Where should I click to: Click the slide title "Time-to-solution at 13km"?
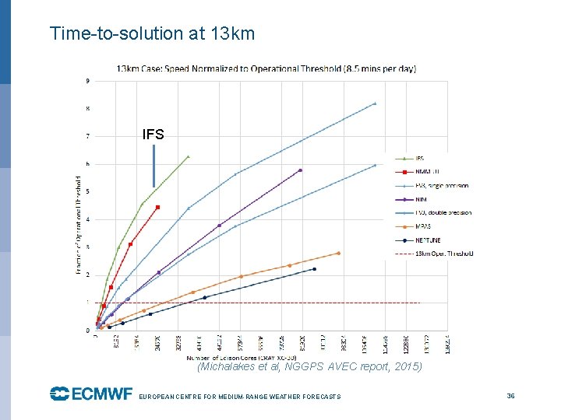pos(152,33)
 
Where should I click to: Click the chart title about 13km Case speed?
pos(266,68)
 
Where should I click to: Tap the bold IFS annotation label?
pos(153,135)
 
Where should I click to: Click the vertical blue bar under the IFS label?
pos(154,166)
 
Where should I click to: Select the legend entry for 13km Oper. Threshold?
pos(440,254)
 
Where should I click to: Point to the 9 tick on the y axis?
pos(87,81)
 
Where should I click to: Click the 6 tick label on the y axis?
pos(87,164)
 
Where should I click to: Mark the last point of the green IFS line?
pos(188,156)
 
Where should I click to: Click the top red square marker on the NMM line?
pos(157,207)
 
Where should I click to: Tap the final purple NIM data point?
pos(300,170)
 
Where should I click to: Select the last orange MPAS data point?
pos(338,253)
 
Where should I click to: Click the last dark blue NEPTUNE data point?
pos(314,269)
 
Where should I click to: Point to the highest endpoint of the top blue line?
pos(375,103)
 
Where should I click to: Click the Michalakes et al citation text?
pos(309,366)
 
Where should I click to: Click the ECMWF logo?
pos(91,394)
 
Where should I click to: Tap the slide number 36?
pos(510,396)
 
